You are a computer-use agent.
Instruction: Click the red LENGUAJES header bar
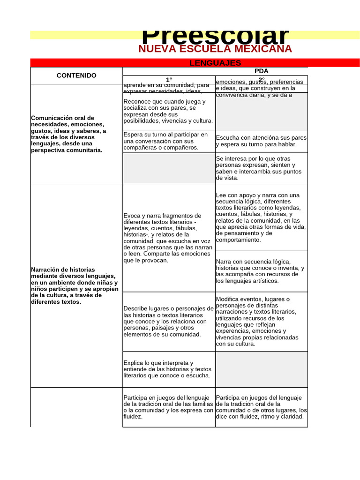tap(215, 63)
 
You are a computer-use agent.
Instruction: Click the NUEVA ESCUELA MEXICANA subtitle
tap(215, 49)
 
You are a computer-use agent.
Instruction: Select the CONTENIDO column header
tap(76, 75)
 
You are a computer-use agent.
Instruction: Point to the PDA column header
tap(261, 71)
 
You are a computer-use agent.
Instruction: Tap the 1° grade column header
tap(169, 80)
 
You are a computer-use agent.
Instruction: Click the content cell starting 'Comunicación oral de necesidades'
tap(76, 134)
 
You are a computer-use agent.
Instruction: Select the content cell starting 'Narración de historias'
tap(76, 285)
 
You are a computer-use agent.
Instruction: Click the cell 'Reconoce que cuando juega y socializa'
tap(169, 111)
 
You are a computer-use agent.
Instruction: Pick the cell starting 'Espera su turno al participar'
tap(169, 141)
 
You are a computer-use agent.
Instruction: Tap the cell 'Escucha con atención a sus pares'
tap(261, 141)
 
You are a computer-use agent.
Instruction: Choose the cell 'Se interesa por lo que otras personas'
tap(261, 168)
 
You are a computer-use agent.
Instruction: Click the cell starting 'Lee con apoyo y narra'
tap(261, 217)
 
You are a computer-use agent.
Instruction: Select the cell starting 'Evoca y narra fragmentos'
tap(169, 238)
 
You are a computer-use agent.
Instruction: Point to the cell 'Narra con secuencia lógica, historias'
tap(261, 271)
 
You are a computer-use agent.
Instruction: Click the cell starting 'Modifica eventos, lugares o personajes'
tap(261, 321)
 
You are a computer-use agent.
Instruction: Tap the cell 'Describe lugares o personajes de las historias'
tap(169, 321)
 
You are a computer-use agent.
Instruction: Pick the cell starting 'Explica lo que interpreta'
tap(169, 369)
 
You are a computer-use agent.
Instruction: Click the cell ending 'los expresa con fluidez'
tap(169, 407)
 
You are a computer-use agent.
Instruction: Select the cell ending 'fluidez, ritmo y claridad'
tap(261, 407)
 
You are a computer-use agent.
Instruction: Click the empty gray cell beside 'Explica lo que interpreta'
tap(261, 369)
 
